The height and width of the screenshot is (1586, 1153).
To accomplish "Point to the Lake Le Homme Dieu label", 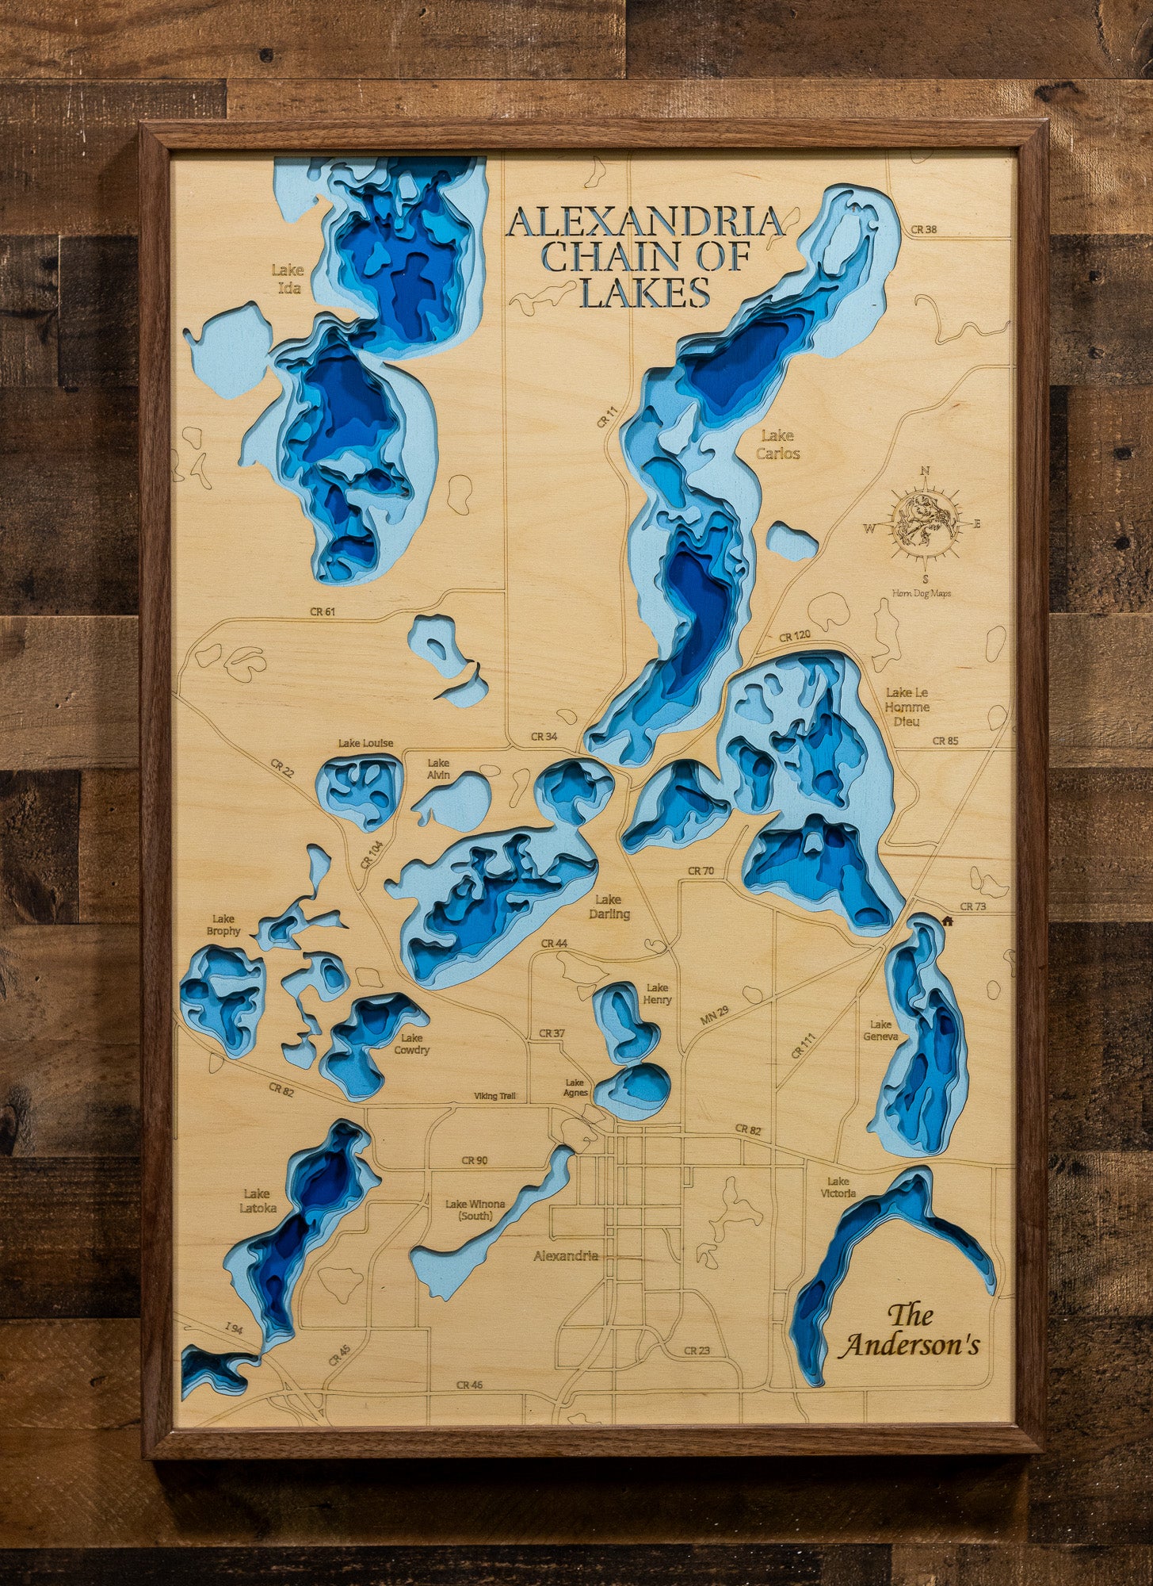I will pyautogui.click(x=907, y=707).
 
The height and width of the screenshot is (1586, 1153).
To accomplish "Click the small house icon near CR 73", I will pyautogui.click(x=946, y=921).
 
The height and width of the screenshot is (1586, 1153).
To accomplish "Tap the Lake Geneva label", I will pyautogui.click(x=880, y=1030).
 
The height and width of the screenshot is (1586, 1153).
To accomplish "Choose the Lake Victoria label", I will pyautogui.click(x=838, y=1187).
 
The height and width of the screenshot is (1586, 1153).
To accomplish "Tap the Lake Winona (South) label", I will pyautogui.click(x=475, y=1209).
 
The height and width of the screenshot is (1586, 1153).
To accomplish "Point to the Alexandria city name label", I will pyautogui.click(x=566, y=1256).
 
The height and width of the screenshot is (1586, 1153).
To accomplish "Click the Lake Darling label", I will pyautogui.click(x=609, y=906).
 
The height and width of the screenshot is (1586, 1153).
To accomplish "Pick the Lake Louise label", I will pyautogui.click(x=365, y=743).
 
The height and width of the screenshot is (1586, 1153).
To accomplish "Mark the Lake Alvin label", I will pyautogui.click(x=438, y=768).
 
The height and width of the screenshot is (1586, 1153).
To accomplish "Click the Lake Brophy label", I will pyautogui.click(x=223, y=925).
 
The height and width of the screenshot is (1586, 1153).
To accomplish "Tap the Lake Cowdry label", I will pyautogui.click(x=411, y=1044).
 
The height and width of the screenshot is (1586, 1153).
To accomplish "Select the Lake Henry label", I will pyautogui.click(x=658, y=994).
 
